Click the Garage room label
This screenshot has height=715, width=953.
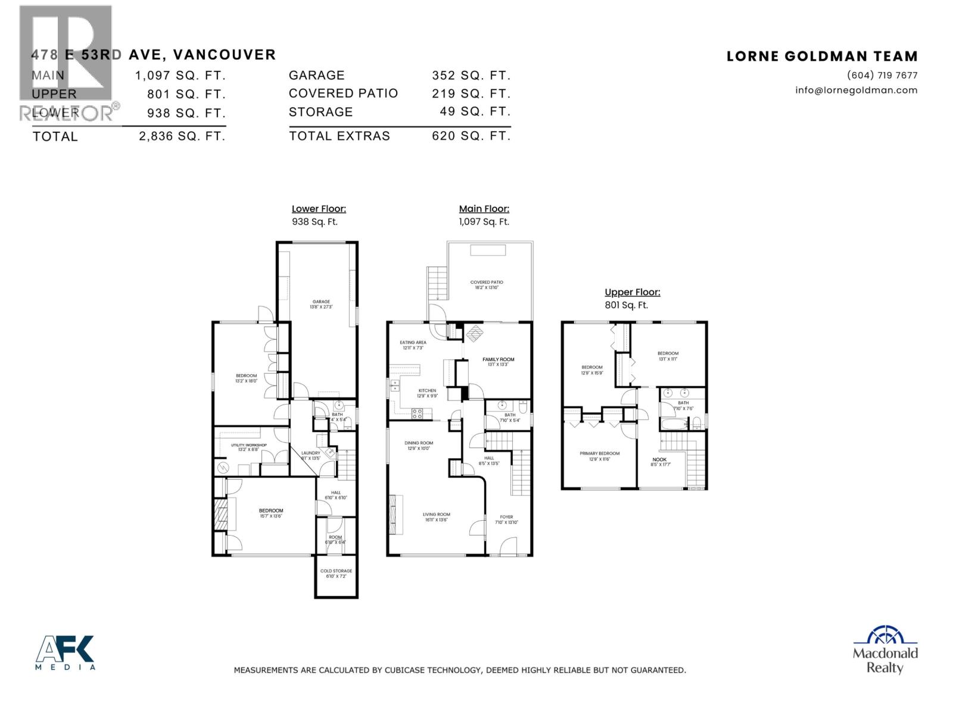321,302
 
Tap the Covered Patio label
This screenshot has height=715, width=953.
487,282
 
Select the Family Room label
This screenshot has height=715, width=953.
498,359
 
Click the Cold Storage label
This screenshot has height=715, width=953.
336,571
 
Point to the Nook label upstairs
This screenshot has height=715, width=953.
659,459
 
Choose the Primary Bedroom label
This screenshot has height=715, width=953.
599,453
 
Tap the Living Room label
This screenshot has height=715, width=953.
436,514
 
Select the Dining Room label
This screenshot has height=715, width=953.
435,443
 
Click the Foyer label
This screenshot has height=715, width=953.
506,517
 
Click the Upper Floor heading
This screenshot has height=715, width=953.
632,292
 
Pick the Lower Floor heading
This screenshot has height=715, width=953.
319,209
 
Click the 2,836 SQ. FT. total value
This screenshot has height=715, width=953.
182,136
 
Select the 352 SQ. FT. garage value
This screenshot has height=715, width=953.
471,76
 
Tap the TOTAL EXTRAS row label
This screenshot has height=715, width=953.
340,136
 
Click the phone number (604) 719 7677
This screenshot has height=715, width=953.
882,76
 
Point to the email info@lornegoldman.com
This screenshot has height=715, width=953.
856,91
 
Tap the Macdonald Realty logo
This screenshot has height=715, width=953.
885,649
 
